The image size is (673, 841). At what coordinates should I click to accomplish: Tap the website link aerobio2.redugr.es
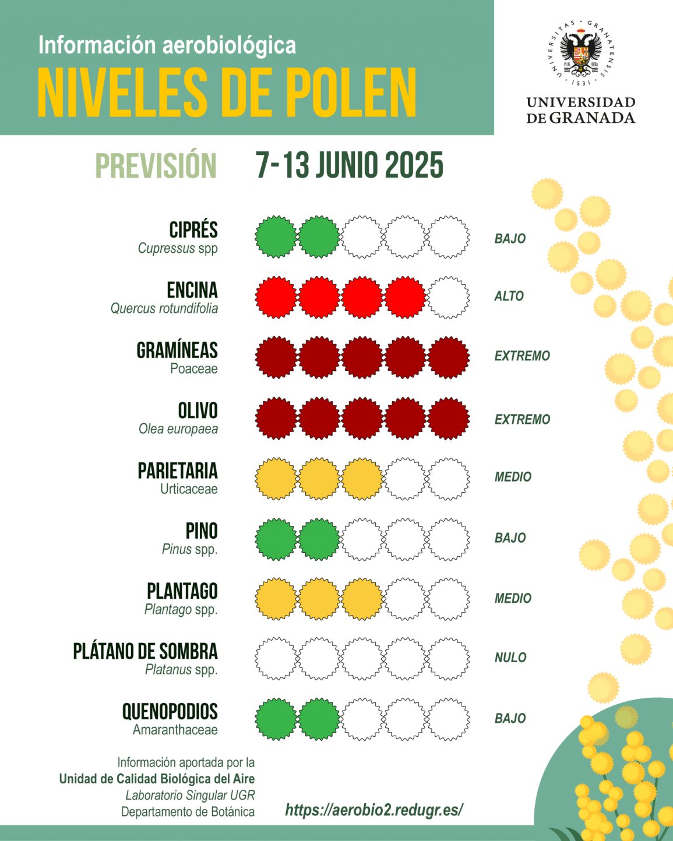point(374,810)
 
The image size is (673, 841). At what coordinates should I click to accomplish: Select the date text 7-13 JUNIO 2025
point(350,165)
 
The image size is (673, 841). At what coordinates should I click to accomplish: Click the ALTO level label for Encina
point(509,296)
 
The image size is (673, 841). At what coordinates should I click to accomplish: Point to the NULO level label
point(510,658)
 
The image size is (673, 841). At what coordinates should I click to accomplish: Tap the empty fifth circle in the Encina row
point(448,298)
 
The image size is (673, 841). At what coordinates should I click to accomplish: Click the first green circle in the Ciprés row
point(276,237)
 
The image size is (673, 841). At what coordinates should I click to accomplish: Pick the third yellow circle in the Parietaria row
point(362,479)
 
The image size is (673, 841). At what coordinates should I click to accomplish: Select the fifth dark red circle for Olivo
point(448,418)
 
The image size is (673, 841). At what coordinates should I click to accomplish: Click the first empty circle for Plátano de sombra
point(276,659)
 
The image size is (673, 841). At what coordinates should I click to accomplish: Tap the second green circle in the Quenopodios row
point(319,719)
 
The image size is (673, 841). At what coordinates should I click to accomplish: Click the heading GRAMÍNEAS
point(177,350)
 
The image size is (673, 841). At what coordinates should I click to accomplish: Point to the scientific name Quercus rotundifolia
point(164,309)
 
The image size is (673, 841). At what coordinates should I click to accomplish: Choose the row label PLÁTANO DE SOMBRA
point(146,651)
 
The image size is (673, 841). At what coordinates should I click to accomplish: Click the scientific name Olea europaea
point(178,429)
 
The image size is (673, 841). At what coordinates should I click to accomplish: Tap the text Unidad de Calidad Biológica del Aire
point(157,779)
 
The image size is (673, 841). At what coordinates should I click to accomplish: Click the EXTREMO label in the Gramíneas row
point(522,356)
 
